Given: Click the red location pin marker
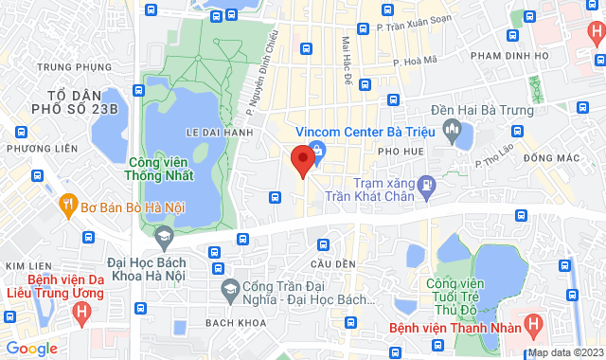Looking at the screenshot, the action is [x=302, y=160].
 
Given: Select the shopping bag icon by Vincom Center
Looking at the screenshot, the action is [x=317, y=150].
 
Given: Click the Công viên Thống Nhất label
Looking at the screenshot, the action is [x=159, y=169].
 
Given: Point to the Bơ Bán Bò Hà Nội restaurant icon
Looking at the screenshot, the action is [x=68, y=202].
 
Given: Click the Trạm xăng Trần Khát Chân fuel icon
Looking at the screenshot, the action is [x=427, y=181].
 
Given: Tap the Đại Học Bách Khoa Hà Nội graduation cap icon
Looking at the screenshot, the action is [x=163, y=234].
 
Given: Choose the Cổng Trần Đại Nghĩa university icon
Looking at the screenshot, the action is [x=228, y=287].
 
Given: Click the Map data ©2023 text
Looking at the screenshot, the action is [x=564, y=352].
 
